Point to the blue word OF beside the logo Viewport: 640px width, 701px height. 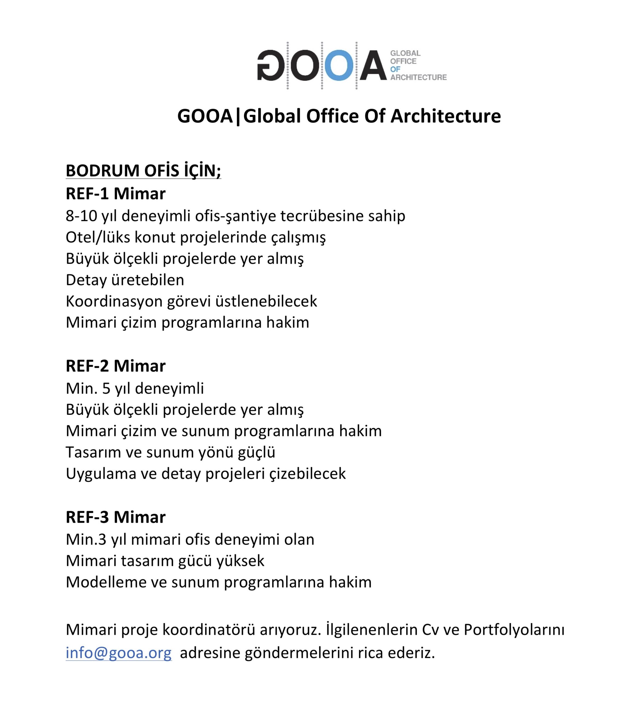tap(395, 69)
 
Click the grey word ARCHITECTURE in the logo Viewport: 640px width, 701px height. tap(418, 77)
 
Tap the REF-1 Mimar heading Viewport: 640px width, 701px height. tap(116, 194)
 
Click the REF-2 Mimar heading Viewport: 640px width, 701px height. tap(116, 366)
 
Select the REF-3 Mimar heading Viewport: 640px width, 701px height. tap(116, 517)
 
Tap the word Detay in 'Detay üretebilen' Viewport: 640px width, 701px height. tap(86, 280)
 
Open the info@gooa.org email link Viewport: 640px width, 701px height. tap(119, 653)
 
